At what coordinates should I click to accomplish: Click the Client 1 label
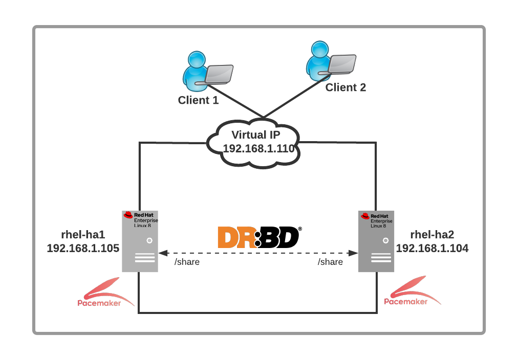coord(198,100)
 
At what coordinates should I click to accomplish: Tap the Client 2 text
coord(346,87)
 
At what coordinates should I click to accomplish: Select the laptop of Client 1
coord(220,74)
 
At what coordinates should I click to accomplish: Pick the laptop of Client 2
coord(341,64)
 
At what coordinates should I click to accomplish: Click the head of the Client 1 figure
coord(195,59)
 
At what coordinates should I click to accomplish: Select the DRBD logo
coord(258,237)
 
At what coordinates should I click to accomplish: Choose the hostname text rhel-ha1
coord(82,235)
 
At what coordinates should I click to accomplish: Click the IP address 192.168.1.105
coord(83,249)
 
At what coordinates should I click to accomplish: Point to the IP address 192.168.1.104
coord(432,249)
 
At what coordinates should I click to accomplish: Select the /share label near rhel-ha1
coord(187,262)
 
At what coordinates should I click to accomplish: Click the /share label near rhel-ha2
coord(330,262)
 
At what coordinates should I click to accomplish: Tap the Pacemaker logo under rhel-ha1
coord(102,294)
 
